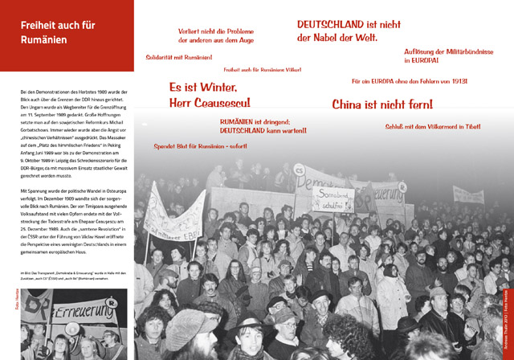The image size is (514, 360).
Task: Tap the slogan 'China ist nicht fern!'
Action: point(382,104)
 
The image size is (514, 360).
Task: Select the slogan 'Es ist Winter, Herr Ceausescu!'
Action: point(210,94)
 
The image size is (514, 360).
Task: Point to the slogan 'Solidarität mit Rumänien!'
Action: point(179,58)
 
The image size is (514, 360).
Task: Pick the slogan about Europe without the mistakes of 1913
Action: point(409,82)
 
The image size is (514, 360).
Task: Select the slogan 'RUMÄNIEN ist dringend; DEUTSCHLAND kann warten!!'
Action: point(263,125)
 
